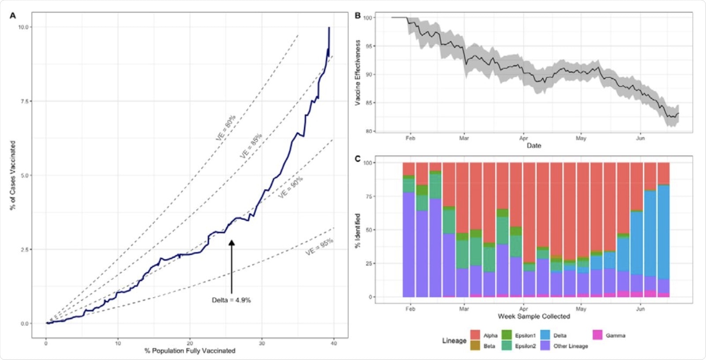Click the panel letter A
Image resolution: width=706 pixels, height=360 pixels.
click(13, 16)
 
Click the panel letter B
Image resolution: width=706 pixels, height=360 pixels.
click(357, 16)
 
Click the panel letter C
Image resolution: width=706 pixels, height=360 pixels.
click(357, 159)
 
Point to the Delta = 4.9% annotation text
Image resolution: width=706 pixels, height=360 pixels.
click(231, 300)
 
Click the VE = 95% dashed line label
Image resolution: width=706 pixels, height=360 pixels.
click(319, 247)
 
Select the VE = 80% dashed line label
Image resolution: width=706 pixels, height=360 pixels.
click(225, 128)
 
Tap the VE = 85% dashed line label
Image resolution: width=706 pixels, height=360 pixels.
click(251, 146)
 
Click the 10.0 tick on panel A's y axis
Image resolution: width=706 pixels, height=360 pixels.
click(23, 27)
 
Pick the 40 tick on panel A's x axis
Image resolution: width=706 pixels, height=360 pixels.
click(334, 343)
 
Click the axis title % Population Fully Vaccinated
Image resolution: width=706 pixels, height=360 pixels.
click(190, 351)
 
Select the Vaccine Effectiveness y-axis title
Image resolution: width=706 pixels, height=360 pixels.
click(358, 73)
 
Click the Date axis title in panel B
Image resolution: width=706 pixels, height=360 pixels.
click(534, 146)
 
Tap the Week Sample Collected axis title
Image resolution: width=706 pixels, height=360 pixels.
click(534, 316)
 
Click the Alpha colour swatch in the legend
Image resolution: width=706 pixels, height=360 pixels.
click(475, 335)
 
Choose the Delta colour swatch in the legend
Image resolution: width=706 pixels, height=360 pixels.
click(545, 335)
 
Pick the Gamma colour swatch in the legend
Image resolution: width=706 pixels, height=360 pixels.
click(597, 335)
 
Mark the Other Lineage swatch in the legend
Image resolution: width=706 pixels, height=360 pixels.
click(545, 346)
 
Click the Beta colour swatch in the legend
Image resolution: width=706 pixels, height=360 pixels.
click(475, 346)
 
